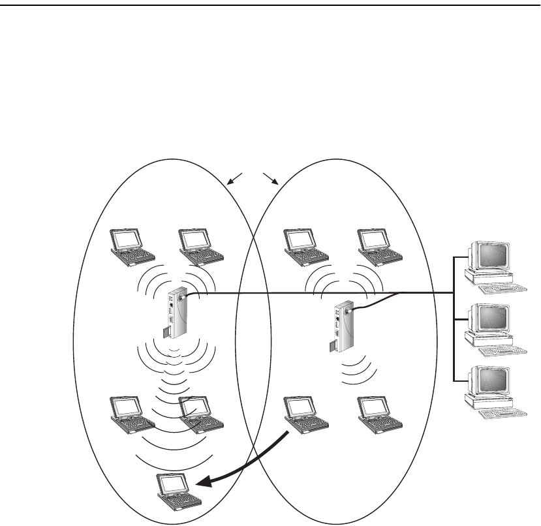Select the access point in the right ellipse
[x=342, y=324]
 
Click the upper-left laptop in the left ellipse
[x=131, y=245]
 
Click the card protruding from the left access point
[x=166, y=334]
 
